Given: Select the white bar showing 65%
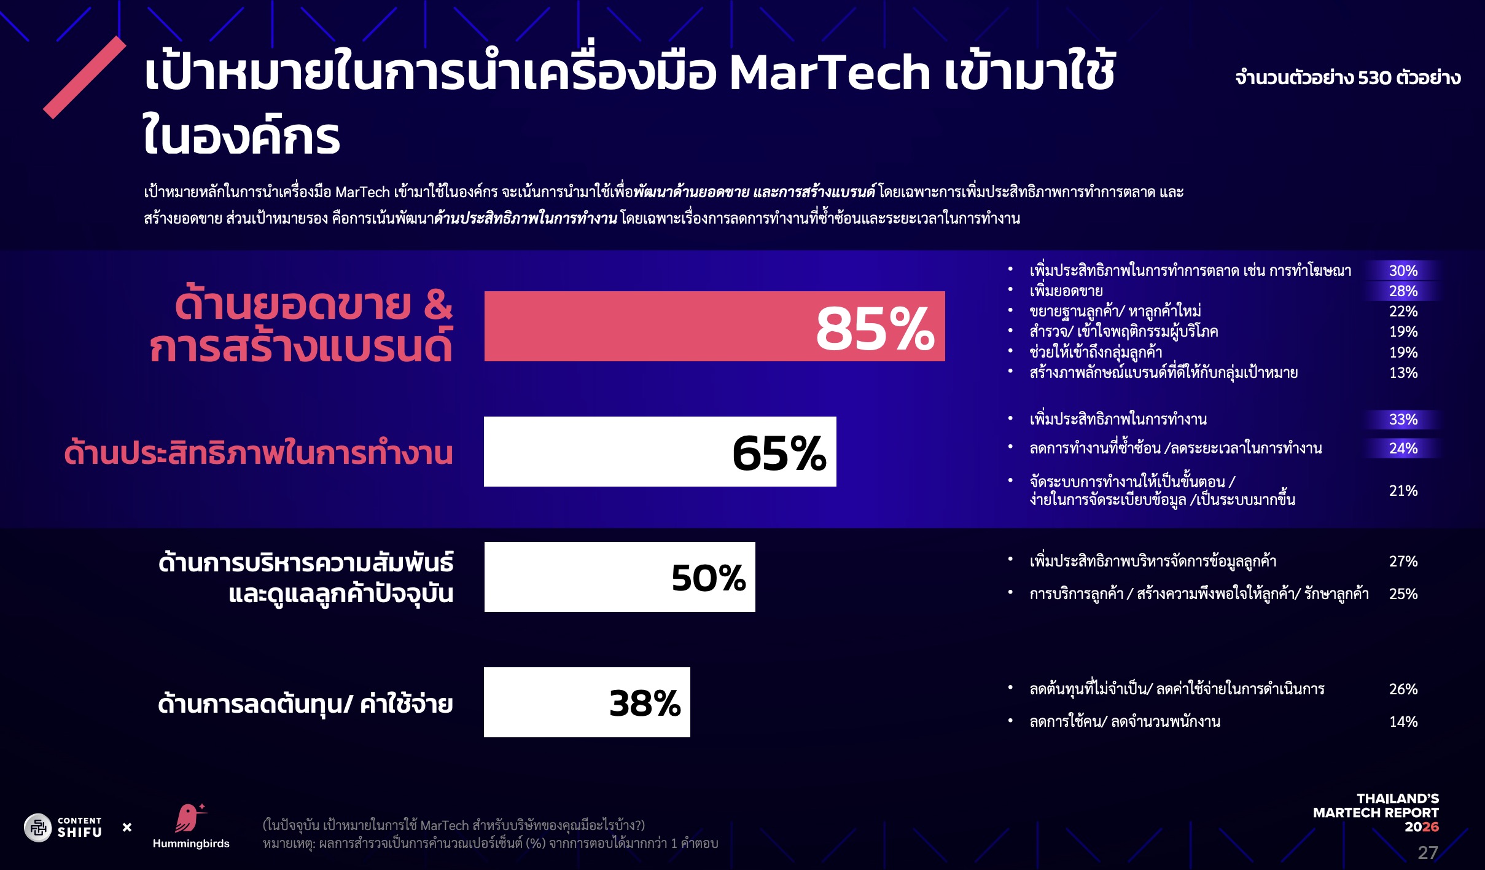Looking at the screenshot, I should tap(660, 452).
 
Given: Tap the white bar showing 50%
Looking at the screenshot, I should tap(619, 577).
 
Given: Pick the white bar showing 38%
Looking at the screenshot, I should tap(587, 702).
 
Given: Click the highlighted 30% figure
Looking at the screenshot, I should tap(1403, 271).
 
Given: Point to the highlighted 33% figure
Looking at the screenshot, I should tap(1403, 420).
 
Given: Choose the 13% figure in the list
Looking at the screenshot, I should tap(1403, 373).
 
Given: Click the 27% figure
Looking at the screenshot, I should tap(1403, 562).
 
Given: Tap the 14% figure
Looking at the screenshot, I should tap(1403, 722).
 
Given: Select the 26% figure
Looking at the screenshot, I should tap(1403, 689).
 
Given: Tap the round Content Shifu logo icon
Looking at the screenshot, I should tap(38, 828).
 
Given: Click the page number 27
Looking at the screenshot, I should tap(1427, 853).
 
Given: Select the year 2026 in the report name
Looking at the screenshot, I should tap(1421, 827).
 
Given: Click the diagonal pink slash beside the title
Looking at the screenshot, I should tap(85, 77).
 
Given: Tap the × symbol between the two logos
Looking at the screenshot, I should tap(127, 828).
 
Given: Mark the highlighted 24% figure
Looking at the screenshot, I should tap(1403, 449).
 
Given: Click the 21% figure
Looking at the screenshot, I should tap(1403, 491).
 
